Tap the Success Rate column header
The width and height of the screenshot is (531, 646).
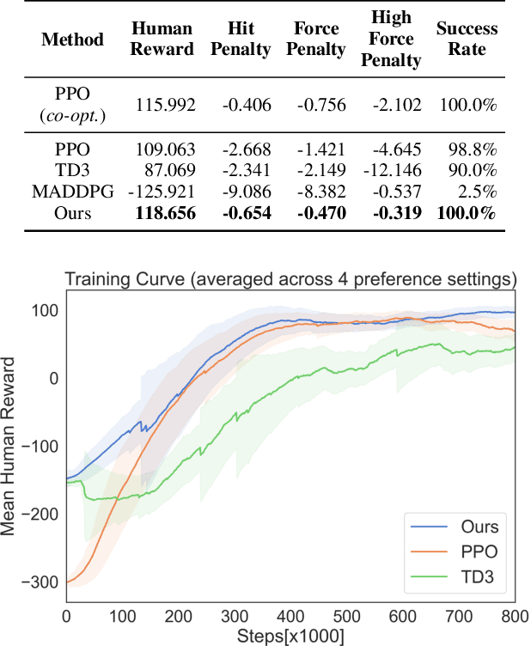[x=467, y=40]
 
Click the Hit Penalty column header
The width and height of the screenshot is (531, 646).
[x=242, y=40]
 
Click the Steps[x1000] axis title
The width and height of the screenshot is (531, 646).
[x=290, y=636]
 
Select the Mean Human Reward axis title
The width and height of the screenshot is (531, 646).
[x=12, y=447]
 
